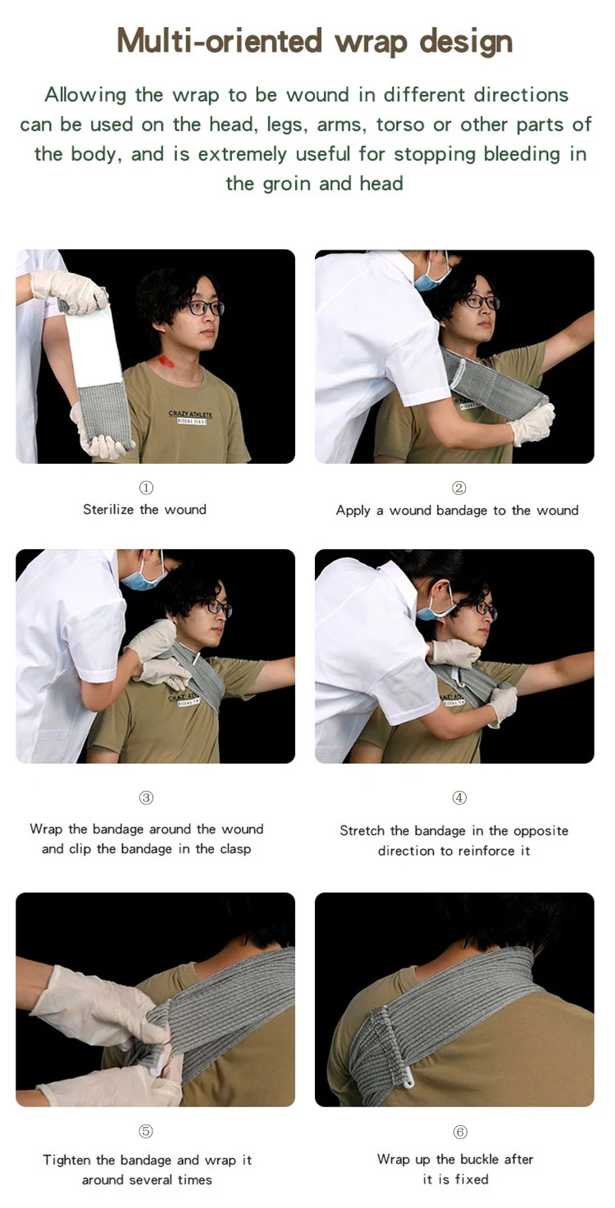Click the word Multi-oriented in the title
click(x=219, y=41)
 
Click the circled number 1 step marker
click(x=146, y=488)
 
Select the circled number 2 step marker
click(x=459, y=488)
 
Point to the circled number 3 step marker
click(x=146, y=797)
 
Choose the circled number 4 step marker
click(x=459, y=797)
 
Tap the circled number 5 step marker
click(x=146, y=1131)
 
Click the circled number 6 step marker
click(x=460, y=1131)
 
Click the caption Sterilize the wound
click(x=144, y=510)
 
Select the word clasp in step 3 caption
click(x=235, y=849)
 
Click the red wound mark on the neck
click(x=166, y=361)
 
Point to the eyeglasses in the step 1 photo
click(x=205, y=308)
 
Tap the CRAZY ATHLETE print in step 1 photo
click(x=190, y=415)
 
